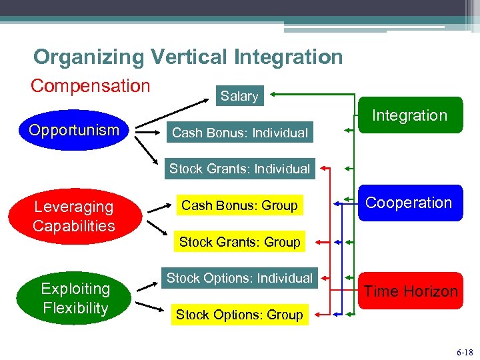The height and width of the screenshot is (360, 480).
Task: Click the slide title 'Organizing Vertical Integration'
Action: point(188,57)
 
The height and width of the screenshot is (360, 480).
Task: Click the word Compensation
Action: point(91,86)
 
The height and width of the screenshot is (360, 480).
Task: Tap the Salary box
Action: point(239,96)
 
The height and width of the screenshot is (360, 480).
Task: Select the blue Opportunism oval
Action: point(73,130)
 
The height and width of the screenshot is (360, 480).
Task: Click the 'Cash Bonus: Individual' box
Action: point(239,133)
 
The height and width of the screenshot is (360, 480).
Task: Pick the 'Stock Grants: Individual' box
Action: point(239,169)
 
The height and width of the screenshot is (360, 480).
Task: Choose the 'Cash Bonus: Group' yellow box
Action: point(239,205)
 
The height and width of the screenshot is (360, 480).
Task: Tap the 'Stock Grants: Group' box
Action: point(239,242)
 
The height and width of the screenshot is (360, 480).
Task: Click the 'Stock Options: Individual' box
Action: point(239,278)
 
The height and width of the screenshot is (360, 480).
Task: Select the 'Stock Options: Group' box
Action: point(239,315)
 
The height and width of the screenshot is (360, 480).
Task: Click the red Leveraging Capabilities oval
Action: point(75,216)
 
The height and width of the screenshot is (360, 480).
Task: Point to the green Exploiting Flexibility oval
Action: point(75,298)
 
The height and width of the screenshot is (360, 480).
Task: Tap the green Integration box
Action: point(409,115)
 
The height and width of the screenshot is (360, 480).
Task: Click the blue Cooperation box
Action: point(409,203)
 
